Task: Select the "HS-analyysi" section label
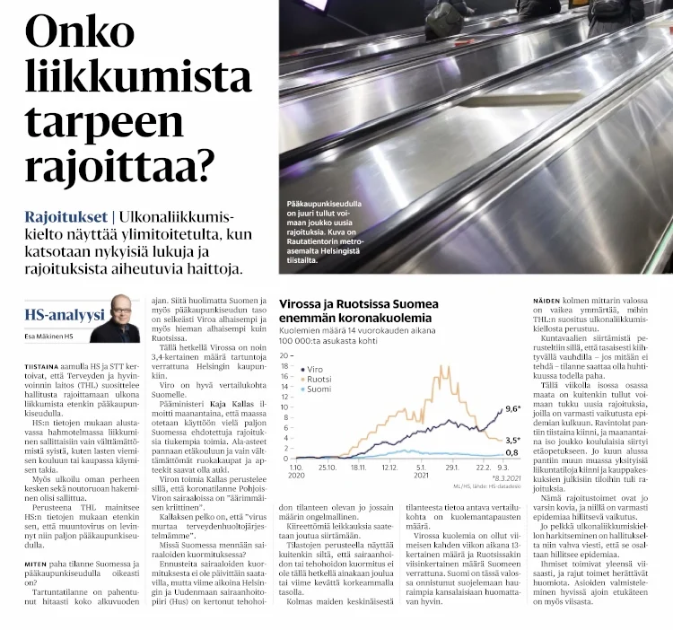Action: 65,315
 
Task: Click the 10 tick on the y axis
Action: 286,407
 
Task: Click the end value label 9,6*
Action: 513,409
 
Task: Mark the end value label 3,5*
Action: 513,440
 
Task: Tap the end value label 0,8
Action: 511,453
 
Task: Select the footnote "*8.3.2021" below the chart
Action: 500,478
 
